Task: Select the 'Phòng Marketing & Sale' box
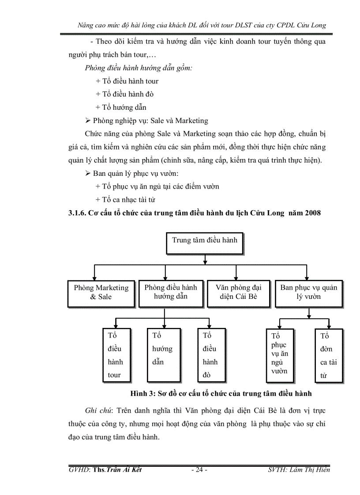pyautogui.click(x=101, y=293)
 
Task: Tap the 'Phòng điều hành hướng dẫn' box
pyautogui.click(x=171, y=292)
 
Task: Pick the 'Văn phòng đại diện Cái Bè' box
pyautogui.click(x=238, y=292)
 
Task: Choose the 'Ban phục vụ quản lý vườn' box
pyautogui.click(x=308, y=292)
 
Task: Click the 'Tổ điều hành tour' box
pyautogui.click(x=116, y=355)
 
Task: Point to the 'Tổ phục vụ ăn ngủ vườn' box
pyautogui.click(x=280, y=354)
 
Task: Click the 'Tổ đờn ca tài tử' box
pyautogui.click(x=328, y=355)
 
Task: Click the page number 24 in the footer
pyautogui.click(x=199, y=469)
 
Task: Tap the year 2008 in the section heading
pyautogui.click(x=312, y=213)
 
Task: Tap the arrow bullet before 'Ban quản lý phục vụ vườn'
pyautogui.click(x=88, y=173)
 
